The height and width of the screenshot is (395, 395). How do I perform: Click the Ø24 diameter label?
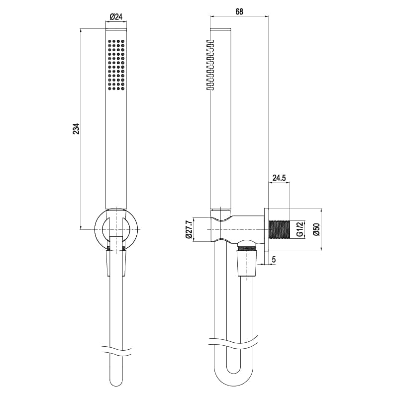tap(116, 16)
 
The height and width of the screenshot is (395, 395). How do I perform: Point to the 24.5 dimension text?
tap(279, 177)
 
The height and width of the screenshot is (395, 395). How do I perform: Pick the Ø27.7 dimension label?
tap(189, 230)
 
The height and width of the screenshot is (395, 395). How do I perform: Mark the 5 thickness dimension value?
tap(274, 259)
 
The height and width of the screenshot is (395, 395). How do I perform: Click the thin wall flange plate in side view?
tap(267, 229)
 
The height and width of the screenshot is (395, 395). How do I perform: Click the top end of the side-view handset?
tap(221, 29)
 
